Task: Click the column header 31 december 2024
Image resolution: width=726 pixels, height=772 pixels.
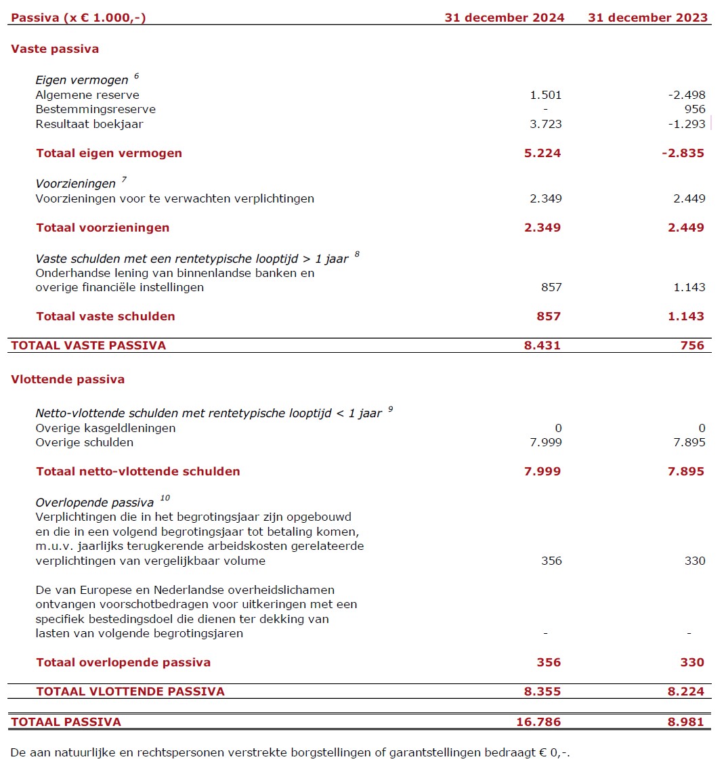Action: coord(504,18)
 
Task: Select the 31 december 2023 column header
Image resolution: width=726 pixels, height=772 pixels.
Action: coord(647,18)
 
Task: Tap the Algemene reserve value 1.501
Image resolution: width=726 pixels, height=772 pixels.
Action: coord(546,95)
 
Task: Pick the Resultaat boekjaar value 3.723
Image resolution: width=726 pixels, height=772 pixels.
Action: coord(546,124)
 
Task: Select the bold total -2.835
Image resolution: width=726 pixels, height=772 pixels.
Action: coord(683,153)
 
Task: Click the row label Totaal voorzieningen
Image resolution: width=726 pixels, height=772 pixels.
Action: coord(103,228)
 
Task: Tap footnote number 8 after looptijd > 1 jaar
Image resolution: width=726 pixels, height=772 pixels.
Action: coord(357,255)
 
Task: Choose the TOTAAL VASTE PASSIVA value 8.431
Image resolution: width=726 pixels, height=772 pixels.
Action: coord(542,345)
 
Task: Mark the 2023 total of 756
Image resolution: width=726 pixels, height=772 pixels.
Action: coord(692,345)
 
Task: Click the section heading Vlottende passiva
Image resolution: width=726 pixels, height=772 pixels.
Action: coord(68,379)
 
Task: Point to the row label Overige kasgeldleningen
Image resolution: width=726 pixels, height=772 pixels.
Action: coord(106,428)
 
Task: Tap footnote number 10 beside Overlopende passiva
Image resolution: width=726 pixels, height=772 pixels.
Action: coord(165,498)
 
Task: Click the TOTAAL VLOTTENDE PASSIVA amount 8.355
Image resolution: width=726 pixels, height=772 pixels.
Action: coord(542,691)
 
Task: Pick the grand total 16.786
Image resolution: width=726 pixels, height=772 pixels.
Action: coord(538,722)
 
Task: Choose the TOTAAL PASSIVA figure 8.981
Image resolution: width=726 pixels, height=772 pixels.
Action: coord(685,722)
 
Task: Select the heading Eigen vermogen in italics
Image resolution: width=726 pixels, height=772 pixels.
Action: coord(81,80)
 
